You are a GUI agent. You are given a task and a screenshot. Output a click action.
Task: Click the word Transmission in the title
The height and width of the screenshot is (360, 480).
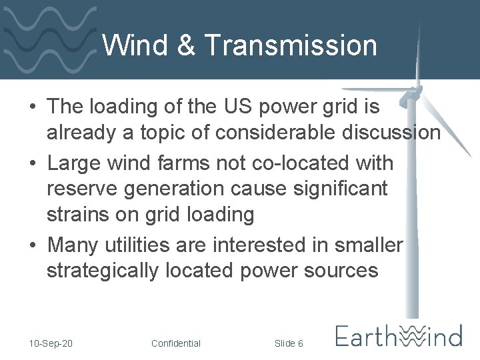tap(290, 45)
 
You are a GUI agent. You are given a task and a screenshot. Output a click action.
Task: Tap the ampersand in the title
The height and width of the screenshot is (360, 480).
tap(186, 45)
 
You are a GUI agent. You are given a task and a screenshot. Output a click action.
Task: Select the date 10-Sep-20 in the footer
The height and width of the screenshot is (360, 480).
tap(51, 343)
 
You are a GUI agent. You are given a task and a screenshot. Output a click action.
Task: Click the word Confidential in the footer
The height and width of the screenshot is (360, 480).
tap(175, 343)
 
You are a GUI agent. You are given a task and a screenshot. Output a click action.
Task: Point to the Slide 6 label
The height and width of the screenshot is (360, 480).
tap(289, 343)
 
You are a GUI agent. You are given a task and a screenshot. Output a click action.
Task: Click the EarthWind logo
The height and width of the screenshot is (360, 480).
tap(399, 335)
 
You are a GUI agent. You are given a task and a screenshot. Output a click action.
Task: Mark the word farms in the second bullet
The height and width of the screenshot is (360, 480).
tap(195, 163)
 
